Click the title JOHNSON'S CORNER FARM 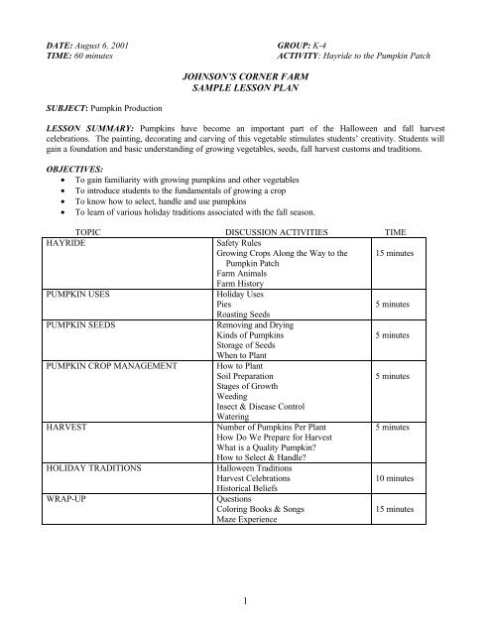[x=245, y=75]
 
